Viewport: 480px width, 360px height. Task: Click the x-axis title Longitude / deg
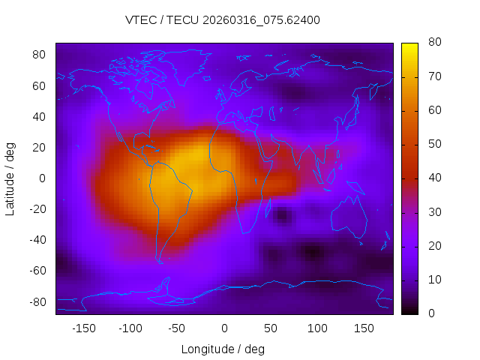[x=223, y=349]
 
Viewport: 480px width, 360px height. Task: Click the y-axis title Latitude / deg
[x=10, y=178]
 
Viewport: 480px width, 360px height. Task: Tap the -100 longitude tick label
[x=130, y=328]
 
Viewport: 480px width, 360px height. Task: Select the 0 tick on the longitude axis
[x=223, y=328]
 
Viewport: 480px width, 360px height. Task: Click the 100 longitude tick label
[x=317, y=328]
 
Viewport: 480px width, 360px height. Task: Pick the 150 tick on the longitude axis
[x=364, y=328]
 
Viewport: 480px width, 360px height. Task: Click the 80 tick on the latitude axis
[x=40, y=55]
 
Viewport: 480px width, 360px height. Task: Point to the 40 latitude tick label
[x=40, y=116]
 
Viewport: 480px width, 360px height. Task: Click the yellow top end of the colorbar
[x=409, y=46]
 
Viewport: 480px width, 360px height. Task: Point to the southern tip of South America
[x=160, y=262]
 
